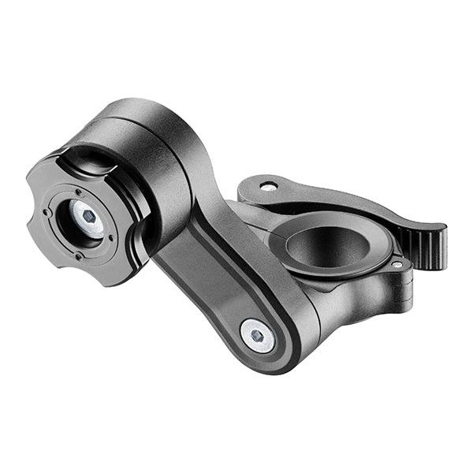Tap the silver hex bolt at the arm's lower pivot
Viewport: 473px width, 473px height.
(257, 336)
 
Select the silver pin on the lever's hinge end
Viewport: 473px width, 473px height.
(269, 187)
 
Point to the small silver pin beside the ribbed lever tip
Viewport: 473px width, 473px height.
(397, 265)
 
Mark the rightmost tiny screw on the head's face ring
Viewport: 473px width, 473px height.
(111, 237)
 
